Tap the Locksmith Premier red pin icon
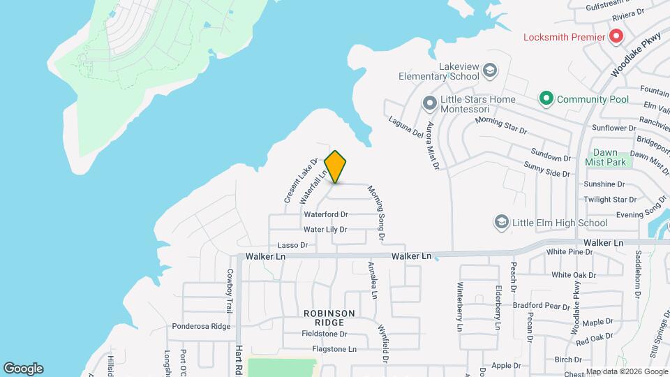[x=616, y=36]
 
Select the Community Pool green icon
[x=546, y=99]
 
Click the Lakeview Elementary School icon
[x=490, y=71]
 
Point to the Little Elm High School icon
[x=500, y=223]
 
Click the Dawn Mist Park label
[x=611, y=157]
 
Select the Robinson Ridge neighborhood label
[x=329, y=318]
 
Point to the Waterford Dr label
[x=325, y=214]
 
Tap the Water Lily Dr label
[x=325, y=229]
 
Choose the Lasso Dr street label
[x=292, y=245]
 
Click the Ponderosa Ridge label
[x=201, y=326]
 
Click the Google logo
[x=23, y=369]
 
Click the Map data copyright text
[x=626, y=371]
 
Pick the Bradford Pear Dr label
[x=542, y=306]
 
